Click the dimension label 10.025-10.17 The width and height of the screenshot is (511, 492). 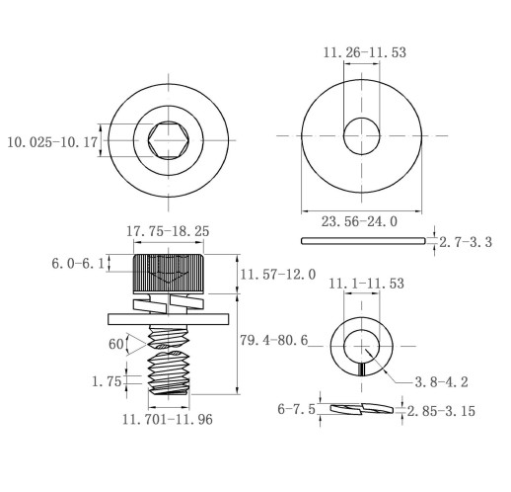point(52,142)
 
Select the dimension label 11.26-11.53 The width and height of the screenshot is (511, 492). point(365,52)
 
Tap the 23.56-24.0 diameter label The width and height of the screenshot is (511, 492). point(359,221)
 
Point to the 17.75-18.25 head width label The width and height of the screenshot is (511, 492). point(168,231)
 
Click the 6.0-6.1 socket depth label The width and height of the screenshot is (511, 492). point(78,264)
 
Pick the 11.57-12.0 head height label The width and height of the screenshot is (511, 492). point(278,275)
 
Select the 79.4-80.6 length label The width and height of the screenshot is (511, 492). point(274,340)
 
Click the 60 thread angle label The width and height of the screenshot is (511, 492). point(115,345)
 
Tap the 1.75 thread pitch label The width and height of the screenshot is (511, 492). point(107,381)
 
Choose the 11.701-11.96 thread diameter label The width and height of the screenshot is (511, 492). point(168,419)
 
